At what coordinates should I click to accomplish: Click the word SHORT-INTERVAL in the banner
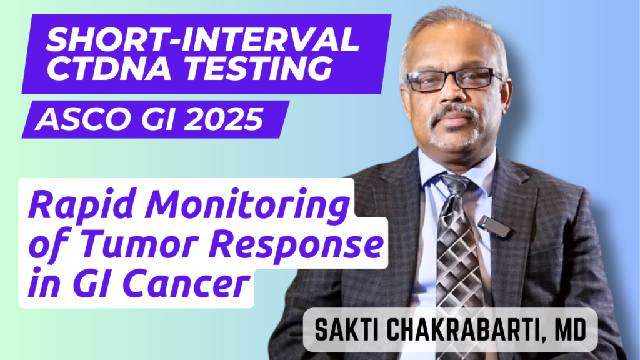point(203,42)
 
